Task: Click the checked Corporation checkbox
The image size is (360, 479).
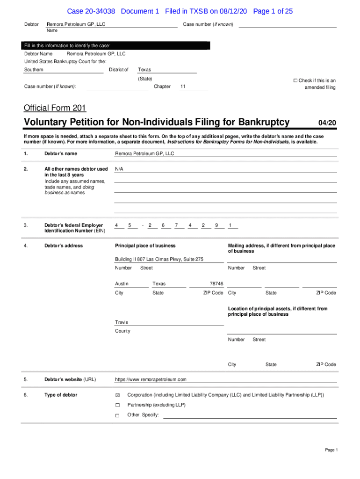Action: point(118,395)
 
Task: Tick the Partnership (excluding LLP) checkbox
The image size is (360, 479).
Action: point(118,405)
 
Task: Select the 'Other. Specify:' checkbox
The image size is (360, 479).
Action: point(118,415)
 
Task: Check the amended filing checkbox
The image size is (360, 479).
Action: point(295,80)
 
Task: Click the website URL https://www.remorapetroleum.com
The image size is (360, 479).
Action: point(151,379)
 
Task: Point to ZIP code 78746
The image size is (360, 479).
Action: point(216,284)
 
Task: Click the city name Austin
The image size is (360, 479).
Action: point(122,284)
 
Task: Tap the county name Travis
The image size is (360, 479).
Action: point(122,322)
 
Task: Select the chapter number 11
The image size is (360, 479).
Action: point(183,87)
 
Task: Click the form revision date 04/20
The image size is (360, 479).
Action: point(327,123)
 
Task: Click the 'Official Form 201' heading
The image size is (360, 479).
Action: point(55,108)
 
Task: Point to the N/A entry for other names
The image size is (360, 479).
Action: point(120,169)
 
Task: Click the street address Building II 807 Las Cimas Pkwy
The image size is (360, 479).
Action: point(159,259)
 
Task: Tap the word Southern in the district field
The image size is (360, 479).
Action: point(34,70)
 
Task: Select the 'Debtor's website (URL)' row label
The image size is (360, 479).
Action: point(70,379)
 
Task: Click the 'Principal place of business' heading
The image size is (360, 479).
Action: point(145,246)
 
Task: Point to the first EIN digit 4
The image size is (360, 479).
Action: point(116,225)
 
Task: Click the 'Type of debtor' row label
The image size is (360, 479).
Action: point(61,395)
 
